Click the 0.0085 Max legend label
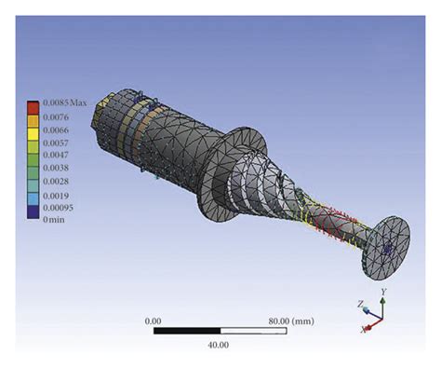(65, 102)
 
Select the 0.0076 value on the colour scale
(56, 117)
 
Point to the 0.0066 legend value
(56, 130)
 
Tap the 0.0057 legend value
(56, 143)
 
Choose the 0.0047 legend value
(56, 155)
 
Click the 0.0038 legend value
(56, 168)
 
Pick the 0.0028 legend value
(56, 182)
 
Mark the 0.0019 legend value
(56, 196)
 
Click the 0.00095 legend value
(59, 208)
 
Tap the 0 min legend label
(54, 220)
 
